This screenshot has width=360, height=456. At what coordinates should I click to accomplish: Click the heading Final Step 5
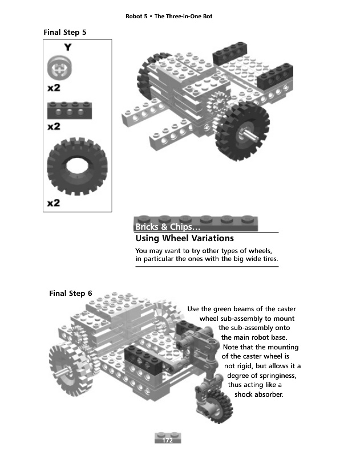(x=64, y=32)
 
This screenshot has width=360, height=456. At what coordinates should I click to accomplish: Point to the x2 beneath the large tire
(x=54, y=203)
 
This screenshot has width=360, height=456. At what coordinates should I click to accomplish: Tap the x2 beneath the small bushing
(x=54, y=88)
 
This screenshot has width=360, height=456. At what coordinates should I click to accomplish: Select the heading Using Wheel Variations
(x=184, y=238)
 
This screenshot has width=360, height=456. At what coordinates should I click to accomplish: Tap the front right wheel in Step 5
(x=240, y=133)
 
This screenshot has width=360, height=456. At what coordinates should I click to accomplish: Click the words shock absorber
(x=258, y=393)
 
